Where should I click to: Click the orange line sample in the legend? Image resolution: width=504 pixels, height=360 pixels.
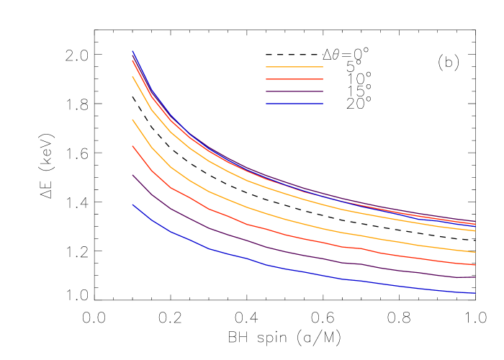pyautogui.click(x=294, y=67)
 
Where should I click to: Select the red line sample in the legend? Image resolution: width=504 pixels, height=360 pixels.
pyautogui.click(x=294, y=79)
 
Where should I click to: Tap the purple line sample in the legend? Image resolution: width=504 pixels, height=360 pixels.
pyautogui.click(x=294, y=91)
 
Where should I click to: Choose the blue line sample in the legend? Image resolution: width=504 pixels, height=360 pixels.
pyautogui.click(x=294, y=104)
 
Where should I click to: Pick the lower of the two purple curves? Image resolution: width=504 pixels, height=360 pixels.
pyautogui.click(x=288, y=253)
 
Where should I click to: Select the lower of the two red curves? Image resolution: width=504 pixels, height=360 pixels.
pyautogui.click(x=288, y=235)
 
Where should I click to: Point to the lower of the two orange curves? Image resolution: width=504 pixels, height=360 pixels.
pyautogui.click(x=288, y=219)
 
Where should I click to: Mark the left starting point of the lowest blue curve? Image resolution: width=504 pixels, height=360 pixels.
pyautogui.click(x=132, y=204)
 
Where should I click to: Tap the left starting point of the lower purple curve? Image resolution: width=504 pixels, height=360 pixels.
pyautogui.click(x=132, y=175)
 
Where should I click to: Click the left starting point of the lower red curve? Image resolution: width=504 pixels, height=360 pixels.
pyautogui.click(x=132, y=146)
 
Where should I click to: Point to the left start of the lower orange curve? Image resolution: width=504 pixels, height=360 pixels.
pyautogui.click(x=132, y=120)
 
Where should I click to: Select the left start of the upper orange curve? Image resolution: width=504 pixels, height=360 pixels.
pyautogui.click(x=132, y=76)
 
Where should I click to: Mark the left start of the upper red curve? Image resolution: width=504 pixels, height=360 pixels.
pyautogui.click(x=132, y=60)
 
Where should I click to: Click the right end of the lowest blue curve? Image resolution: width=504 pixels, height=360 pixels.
pyautogui.click(x=475, y=293)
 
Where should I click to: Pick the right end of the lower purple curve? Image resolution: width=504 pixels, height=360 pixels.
pyautogui.click(x=475, y=277)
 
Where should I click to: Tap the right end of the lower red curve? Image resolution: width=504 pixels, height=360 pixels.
pyautogui.click(x=475, y=265)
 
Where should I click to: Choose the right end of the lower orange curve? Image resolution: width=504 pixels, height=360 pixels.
pyautogui.click(x=475, y=252)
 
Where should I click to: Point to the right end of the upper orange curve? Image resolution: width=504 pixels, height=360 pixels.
pyautogui.click(x=475, y=230)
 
